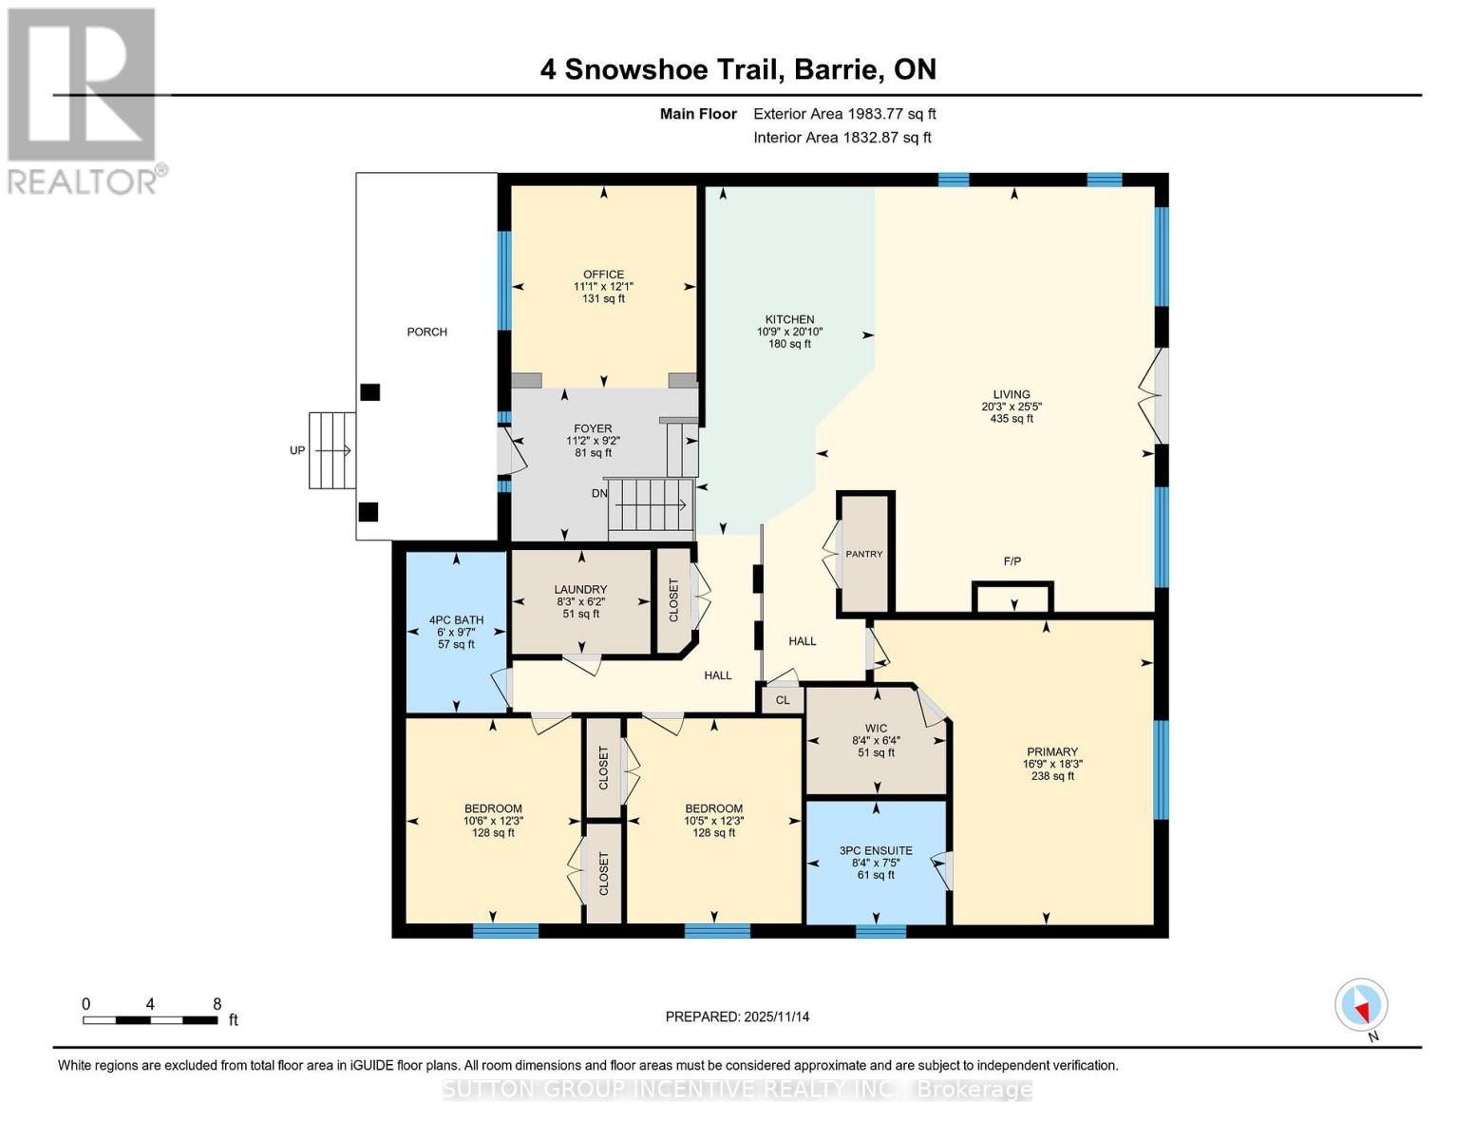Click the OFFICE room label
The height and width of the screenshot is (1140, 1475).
pos(603,275)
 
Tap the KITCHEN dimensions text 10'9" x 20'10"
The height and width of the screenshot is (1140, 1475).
pos(789,332)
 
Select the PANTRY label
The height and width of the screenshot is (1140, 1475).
pos(864,554)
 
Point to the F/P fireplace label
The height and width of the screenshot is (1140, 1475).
pos(1012,561)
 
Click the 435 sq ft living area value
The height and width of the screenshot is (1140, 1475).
pos(1012,418)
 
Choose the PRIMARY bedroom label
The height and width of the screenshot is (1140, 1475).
pos(1051,751)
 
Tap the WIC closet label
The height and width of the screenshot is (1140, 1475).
pos(876,729)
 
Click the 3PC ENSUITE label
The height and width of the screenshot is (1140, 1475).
pos(876,851)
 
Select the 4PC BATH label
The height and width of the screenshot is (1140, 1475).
pos(456,620)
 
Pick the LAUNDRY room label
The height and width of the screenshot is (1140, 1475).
pos(580,590)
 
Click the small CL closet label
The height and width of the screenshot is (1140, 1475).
pos(783,700)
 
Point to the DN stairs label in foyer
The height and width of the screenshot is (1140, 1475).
pos(599,494)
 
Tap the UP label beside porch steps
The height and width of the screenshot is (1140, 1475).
pos(297,450)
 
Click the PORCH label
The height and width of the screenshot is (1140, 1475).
pos(426,332)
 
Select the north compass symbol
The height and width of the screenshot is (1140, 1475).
pos(1361,1005)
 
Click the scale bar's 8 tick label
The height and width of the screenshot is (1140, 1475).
pos(217,1004)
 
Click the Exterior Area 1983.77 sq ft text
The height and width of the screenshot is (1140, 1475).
pos(844,114)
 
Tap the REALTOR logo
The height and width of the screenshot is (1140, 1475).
pos(84,100)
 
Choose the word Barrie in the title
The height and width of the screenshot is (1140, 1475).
pos(837,69)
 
